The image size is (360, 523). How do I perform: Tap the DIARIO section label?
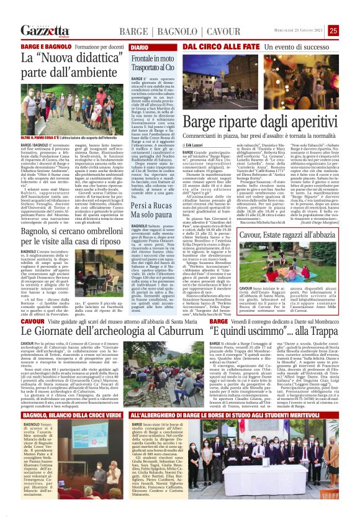pyautogui.click(x=140, y=47)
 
